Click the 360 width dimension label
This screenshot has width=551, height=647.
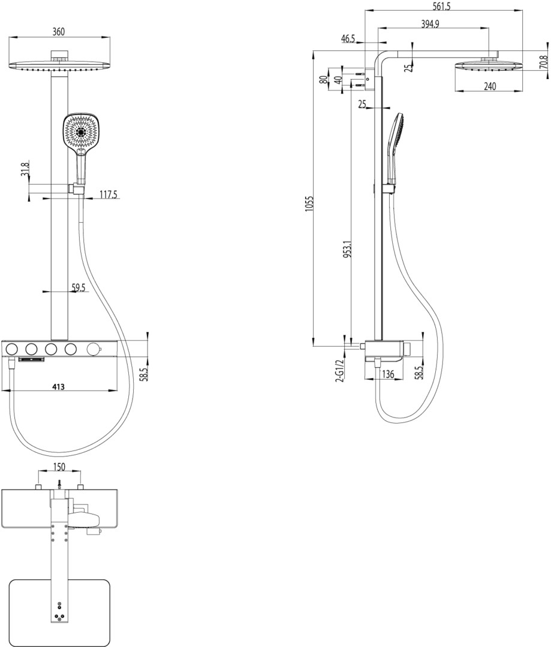(x=59, y=32)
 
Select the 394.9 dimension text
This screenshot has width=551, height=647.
(x=429, y=23)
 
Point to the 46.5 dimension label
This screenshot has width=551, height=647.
(x=348, y=39)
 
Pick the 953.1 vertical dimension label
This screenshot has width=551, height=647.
(x=347, y=249)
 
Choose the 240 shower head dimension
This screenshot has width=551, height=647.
(x=489, y=86)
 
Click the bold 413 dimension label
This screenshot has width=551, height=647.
(x=58, y=386)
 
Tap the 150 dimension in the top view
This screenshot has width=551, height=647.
(x=59, y=467)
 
